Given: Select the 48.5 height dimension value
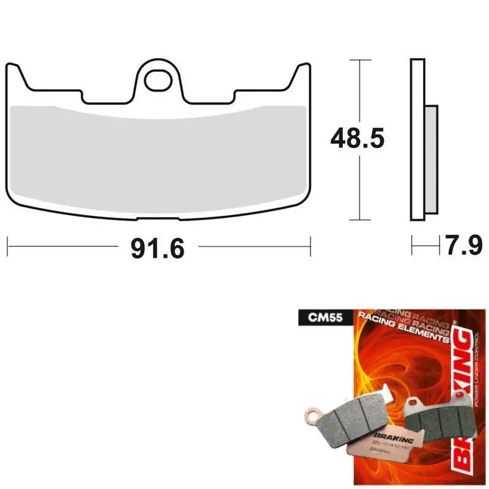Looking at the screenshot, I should [x=357, y=139].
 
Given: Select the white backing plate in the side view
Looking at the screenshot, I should [x=417, y=139].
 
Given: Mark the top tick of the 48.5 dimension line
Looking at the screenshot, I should [x=361, y=60].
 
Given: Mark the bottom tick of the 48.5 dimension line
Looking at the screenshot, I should [x=361, y=220].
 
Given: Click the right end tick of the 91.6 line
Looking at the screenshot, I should [x=311, y=247].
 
